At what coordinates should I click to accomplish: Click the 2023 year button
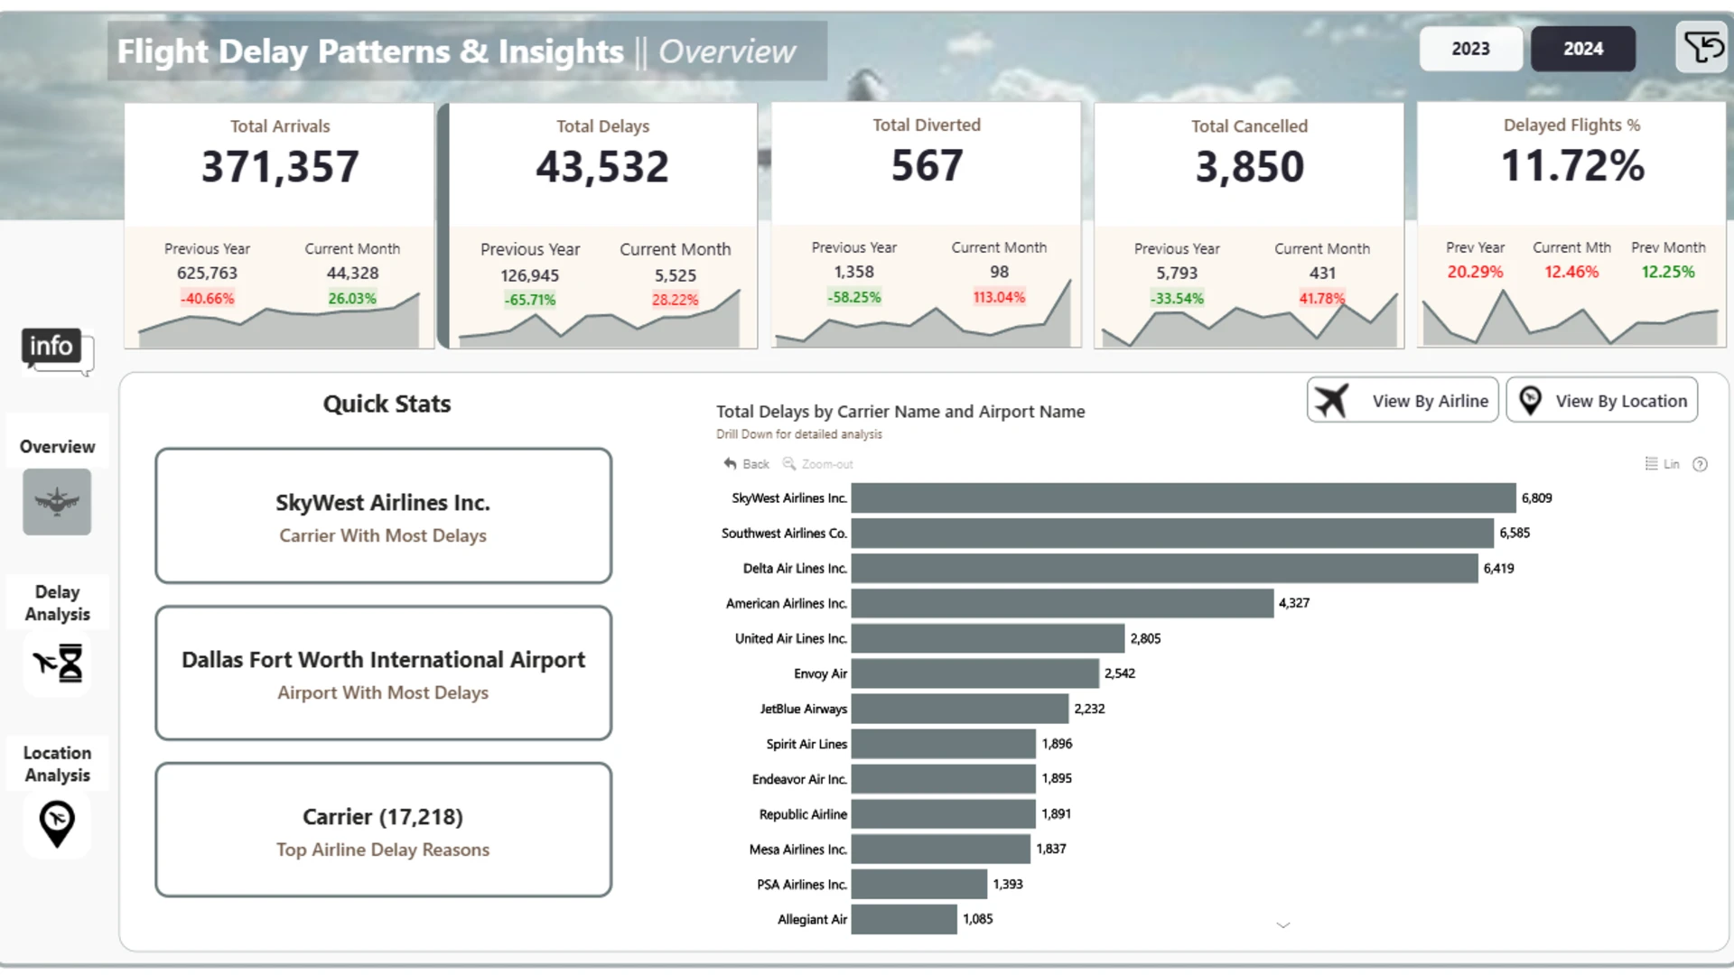coord(1470,49)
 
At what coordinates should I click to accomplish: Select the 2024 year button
coord(1583,49)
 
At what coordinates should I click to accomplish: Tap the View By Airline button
coord(1403,400)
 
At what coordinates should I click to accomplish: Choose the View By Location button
coord(1602,400)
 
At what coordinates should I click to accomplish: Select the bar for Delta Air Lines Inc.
coord(1165,568)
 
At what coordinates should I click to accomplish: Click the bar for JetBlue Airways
coord(960,709)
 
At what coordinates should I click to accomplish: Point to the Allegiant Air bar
coord(904,919)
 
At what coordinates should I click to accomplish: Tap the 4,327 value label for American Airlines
coord(1294,603)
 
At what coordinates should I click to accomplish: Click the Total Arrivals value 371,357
coord(280,167)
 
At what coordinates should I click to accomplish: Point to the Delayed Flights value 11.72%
coord(1572,166)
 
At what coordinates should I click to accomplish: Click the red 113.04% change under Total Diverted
coord(999,297)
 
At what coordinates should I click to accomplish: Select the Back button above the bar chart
coord(746,464)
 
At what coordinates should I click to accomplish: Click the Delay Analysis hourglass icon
coord(58,664)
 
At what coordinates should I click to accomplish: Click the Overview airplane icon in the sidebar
coord(57,502)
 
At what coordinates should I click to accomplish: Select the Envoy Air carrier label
coord(820,673)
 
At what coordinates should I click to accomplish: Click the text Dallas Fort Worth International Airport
coord(383,660)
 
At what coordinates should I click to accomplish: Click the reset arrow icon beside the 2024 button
coord(1702,47)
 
